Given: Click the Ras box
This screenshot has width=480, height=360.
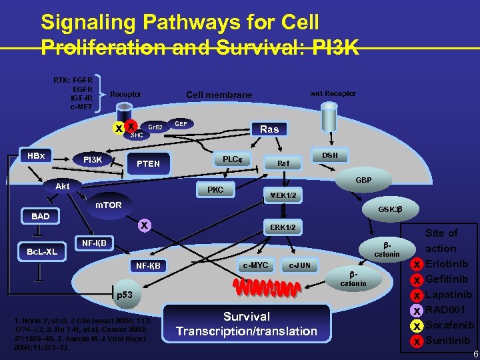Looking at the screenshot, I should (x=269, y=129).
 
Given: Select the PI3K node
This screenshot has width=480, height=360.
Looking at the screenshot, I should (x=92, y=160).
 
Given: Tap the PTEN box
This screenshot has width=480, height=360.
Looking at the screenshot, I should (x=148, y=164).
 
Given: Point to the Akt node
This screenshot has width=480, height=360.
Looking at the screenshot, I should (x=63, y=187).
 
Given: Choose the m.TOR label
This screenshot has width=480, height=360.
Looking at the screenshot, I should (x=108, y=205).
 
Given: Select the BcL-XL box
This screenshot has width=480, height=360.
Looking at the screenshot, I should (x=37, y=252).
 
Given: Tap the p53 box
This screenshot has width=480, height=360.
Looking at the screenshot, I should (x=125, y=294).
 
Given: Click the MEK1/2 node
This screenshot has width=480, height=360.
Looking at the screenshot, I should (x=283, y=195).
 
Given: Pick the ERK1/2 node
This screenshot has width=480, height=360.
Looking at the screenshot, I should (x=283, y=228).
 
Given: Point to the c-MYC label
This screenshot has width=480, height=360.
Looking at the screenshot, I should (x=255, y=265).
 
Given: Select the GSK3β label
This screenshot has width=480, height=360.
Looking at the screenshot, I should (x=389, y=209).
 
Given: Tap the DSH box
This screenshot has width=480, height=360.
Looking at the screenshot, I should (x=330, y=155).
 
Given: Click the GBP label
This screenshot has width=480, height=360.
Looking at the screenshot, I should (x=363, y=181).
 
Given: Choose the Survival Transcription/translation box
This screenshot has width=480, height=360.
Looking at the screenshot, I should (x=247, y=324).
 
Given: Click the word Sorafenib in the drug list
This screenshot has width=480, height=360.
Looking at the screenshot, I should (x=449, y=325).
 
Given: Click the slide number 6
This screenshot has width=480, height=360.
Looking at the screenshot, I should (x=474, y=354).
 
